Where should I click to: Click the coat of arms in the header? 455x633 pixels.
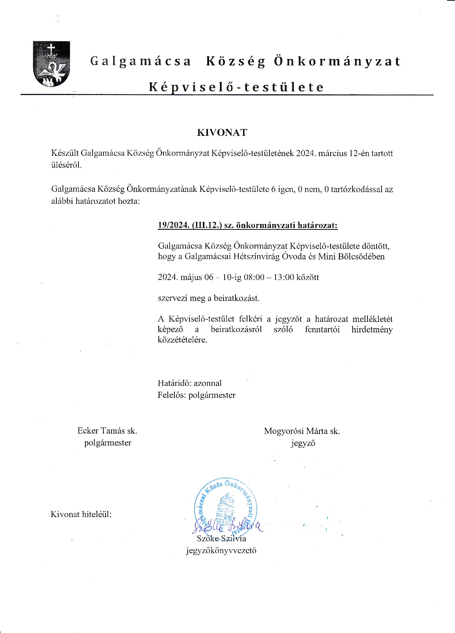[x=51, y=64]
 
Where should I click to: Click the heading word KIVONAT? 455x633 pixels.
[x=222, y=133]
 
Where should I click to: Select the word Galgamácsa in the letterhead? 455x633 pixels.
[x=140, y=61]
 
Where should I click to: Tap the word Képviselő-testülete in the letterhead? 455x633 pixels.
[x=236, y=87]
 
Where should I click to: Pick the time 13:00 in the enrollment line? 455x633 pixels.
[x=284, y=277]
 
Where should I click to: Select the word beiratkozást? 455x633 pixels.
[x=237, y=298]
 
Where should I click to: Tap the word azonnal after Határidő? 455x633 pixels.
[x=208, y=383]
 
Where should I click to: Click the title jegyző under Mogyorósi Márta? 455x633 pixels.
[x=303, y=443]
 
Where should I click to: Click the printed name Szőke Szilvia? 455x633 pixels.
[x=221, y=539]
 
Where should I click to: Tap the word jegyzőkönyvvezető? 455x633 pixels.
[x=221, y=551]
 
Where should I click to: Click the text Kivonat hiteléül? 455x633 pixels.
[x=81, y=514]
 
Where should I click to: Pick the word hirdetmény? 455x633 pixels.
[x=372, y=330]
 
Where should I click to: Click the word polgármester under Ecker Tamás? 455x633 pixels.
[x=108, y=443]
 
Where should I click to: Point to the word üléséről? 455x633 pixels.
[x=67, y=165]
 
